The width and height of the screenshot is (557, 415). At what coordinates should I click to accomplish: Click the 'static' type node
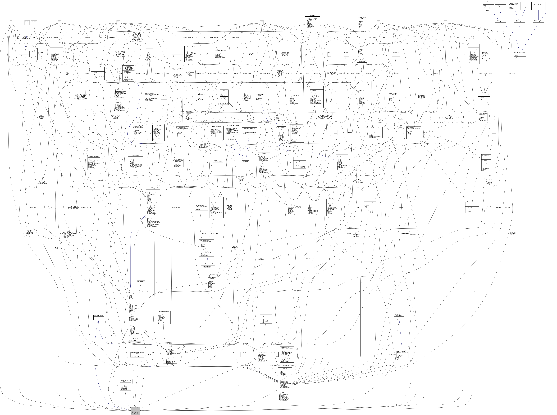coord(59,21)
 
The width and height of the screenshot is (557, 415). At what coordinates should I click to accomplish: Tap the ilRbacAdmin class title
coord(158,125)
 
